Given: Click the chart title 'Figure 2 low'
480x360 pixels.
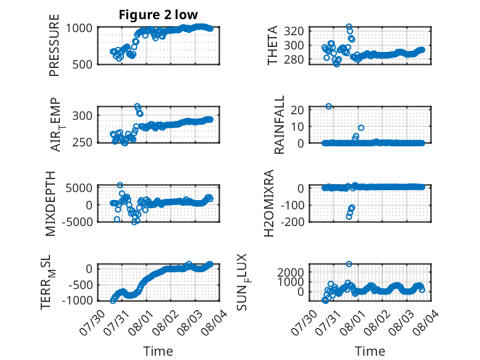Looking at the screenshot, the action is click(159, 15).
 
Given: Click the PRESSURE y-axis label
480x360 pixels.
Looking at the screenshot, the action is click(54, 45).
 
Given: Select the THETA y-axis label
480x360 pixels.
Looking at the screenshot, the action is click(272, 45).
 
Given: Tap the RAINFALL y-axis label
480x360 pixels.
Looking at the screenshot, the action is click(279, 125).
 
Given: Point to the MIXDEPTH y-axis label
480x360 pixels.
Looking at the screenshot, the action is click(51, 204).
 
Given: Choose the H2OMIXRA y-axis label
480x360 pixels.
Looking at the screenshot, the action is click(269, 203).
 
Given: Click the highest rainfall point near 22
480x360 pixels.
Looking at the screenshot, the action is click(328, 106).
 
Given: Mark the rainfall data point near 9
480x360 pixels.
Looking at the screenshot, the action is click(361, 128).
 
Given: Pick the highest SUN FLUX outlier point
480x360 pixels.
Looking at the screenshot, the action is click(349, 264).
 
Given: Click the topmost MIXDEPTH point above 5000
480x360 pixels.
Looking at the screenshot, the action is click(120, 185).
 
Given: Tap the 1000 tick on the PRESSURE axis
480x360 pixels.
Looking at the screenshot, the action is click(79, 28).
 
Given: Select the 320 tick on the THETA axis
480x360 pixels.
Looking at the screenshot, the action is click(294, 31).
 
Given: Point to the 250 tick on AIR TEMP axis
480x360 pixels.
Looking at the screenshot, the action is click(82, 142).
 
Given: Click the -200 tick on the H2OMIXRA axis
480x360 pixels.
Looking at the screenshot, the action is click(292, 221).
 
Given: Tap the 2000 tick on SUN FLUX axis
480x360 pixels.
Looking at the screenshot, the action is click(291, 272).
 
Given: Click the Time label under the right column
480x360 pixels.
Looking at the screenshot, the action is click(370, 351).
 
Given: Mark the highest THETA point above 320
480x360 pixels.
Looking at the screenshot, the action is click(349, 27).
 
